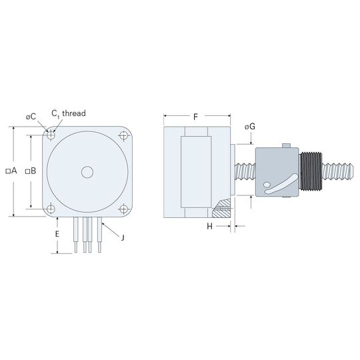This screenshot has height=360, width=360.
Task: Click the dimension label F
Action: pos(195,117)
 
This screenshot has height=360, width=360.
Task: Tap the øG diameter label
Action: pos(250,127)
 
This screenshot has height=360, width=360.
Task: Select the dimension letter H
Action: pos(209,227)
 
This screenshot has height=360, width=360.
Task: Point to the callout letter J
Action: pos(123,237)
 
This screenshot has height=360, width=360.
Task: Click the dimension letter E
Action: pos(57,234)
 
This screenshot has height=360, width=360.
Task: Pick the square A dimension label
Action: pos(11,171)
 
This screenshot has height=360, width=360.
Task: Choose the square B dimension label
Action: pos(31,171)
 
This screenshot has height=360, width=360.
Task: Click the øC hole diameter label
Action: pos(31,117)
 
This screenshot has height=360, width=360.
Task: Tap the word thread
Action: pos(74,113)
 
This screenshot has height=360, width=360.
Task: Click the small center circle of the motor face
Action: pos(87,172)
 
